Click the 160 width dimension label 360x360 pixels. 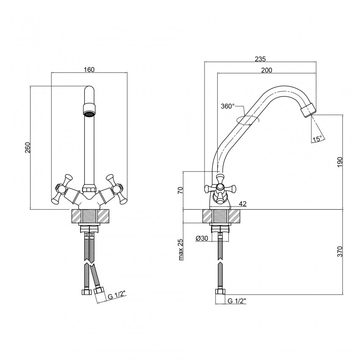pos(89,69)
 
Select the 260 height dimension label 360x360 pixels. pos(28,148)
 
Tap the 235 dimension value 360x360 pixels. pos(260,59)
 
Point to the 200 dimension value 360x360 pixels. pos(266,70)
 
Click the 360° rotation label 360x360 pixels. pos(227,106)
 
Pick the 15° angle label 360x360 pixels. pos(317,139)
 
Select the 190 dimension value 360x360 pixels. pos(340,162)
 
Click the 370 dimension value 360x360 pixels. pos(340,252)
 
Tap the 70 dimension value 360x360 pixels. pos(180,190)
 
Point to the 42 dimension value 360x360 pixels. pos(242,204)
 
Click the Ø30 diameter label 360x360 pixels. pos(202,238)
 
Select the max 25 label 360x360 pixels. pos(181,250)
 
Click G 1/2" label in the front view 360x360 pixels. pos(117,296)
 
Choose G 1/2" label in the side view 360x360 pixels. pos(237,301)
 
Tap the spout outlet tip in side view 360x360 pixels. pos(308,110)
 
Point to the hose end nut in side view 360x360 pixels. pos(220,291)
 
